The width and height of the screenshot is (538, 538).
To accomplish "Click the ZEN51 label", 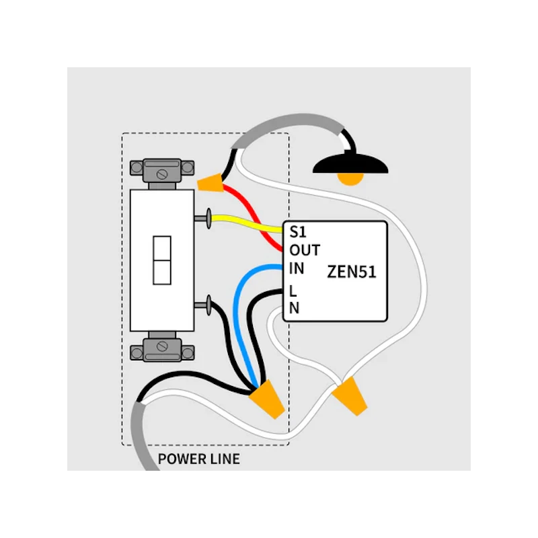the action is tap(352, 272).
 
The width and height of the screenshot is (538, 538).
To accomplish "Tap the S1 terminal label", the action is tap(297, 232).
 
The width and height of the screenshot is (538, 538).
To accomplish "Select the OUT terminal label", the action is tap(305, 250).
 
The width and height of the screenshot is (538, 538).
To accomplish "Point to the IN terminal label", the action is tap(297, 268).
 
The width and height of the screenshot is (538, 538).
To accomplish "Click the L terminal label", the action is tap(293, 291).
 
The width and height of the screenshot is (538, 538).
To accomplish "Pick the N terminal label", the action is tap(295, 308).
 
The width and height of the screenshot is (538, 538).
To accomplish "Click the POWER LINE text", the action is tap(198, 459).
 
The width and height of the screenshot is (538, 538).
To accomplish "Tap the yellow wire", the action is tap(247, 223).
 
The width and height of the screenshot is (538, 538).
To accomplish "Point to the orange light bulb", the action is tap(350, 179).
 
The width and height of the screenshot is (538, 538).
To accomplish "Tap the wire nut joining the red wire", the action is tap(210, 182).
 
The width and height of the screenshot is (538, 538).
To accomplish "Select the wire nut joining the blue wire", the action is tap(267, 399).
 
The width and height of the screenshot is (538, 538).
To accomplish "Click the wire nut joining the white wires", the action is tap(350, 396).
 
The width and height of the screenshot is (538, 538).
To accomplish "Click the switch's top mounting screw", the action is tap(161, 174).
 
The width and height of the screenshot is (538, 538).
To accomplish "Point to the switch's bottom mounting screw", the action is tap(161, 346).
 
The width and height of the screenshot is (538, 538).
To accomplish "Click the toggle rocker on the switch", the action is tap(162, 260).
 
